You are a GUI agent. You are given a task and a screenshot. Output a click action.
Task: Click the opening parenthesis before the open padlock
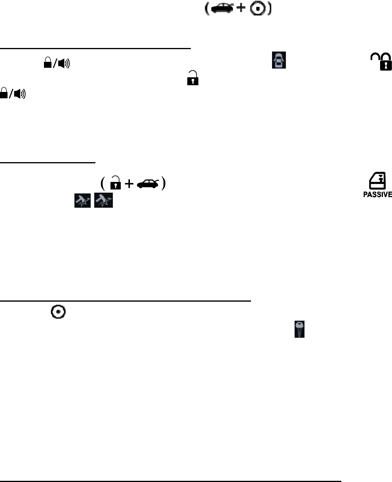[102, 184]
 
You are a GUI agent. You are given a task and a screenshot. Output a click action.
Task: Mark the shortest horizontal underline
[48, 162]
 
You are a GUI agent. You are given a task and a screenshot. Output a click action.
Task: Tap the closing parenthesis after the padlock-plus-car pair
[163, 184]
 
